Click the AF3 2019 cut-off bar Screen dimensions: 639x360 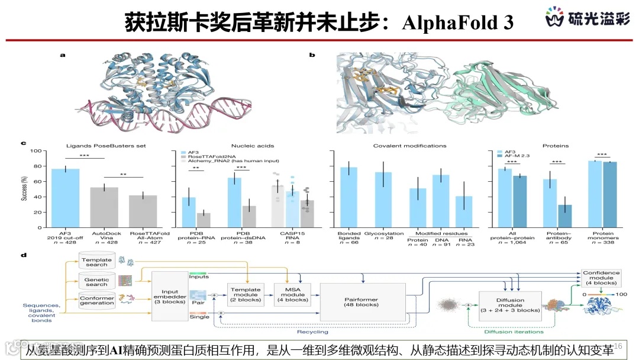pos(65,198)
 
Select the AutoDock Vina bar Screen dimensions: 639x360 pos(104,207)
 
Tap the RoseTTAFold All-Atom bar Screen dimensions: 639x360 pos(143,211)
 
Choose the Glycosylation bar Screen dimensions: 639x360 pos(383,200)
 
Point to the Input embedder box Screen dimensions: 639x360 pos(169,296)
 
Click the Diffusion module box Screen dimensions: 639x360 pos(509,305)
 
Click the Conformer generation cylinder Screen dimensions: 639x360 pos(96,300)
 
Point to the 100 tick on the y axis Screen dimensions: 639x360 pos(37,151)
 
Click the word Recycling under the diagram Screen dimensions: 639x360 pos(312,332)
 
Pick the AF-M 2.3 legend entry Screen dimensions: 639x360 pos(517,157)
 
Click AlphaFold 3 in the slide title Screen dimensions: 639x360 pos(457,22)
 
